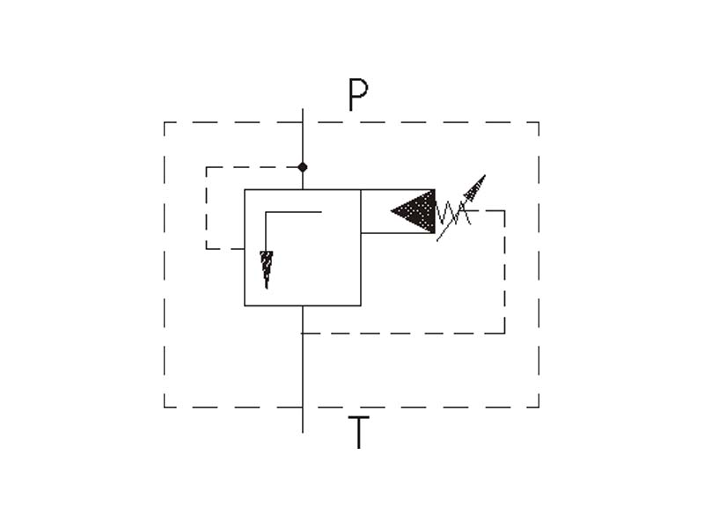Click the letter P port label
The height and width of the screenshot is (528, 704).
pyautogui.click(x=358, y=95)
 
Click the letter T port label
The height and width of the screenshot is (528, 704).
pyautogui.click(x=358, y=432)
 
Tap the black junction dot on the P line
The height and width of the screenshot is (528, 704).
pyautogui.click(x=303, y=167)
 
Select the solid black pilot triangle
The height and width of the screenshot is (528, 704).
pyautogui.click(x=413, y=211)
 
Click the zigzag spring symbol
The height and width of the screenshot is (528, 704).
pyautogui.click(x=452, y=212)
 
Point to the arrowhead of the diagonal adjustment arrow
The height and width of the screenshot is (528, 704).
pyautogui.click(x=476, y=186)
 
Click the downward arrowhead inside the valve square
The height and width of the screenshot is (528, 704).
pyautogui.click(x=267, y=269)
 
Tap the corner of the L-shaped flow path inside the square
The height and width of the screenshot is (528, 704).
pyautogui.click(x=266, y=212)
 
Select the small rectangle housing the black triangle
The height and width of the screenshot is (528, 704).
pyautogui.click(x=398, y=211)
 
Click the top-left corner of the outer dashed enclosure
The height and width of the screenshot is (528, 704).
pyautogui.click(x=165, y=122)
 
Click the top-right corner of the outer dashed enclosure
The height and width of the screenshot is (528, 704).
pyautogui.click(x=539, y=122)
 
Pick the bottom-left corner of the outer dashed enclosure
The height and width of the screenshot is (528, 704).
pyautogui.click(x=165, y=407)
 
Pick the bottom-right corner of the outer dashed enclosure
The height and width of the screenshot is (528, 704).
pyautogui.click(x=539, y=407)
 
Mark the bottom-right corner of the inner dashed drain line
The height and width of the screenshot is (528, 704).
pyautogui.click(x=504, y=334)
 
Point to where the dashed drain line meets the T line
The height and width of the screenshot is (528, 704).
pyautogui.click(x=303, y=334)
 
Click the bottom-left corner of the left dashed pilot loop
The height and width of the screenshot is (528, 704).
pyautogui.click(x=206, y=248)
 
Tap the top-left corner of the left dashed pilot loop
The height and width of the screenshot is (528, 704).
pyautogui.click(x=206, y=167)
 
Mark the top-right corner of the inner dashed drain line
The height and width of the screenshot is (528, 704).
pyautogui.click(x=504, y=210)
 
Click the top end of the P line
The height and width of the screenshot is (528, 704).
pyautogui.click(x=303, y=108)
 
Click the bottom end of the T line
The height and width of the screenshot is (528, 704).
pyautogui.click(x=303, y=433)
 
